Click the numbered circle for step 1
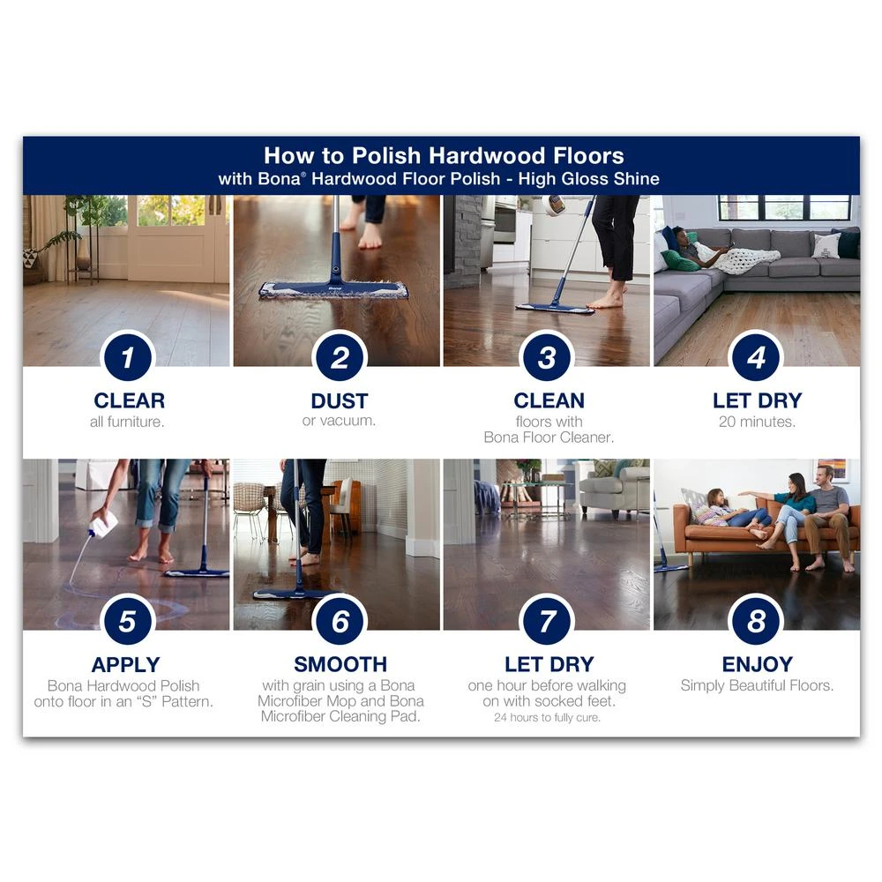128,357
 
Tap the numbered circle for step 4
756,357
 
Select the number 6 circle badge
340,621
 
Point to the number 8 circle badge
756,621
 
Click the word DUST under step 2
340,401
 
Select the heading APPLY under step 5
126,665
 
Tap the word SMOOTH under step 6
340,664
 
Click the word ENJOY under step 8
757,664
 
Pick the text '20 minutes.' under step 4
757,422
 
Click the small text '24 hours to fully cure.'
548,717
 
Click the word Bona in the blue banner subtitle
279,179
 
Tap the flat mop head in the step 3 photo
555,307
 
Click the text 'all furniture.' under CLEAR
127,422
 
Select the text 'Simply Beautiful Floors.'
757,685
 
